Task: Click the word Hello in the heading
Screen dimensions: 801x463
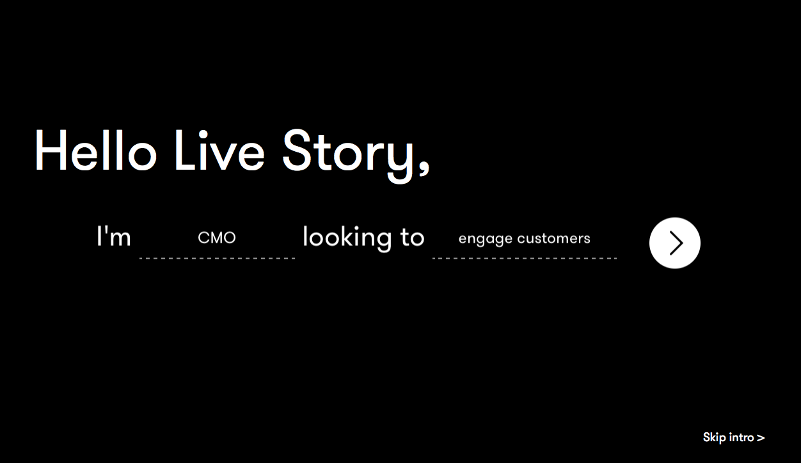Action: click(96, 150)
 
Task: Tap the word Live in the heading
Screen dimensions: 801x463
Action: click(219, 150)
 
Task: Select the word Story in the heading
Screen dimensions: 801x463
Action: click(348, 155)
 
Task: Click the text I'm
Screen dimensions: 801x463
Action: click(114, 236)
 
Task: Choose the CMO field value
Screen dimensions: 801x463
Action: click(217, 238)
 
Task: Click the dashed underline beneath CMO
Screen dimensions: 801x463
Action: click(217, 258)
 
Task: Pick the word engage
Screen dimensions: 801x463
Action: click(485, 240)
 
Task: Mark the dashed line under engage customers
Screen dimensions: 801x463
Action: click(525, 258)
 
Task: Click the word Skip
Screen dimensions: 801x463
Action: click(715, 438)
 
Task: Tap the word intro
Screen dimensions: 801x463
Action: click(742, 437)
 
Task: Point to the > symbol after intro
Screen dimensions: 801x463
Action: click(761, 438)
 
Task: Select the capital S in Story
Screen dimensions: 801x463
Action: click(297, 150)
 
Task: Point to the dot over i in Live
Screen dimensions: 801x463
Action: click(203, 134)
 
